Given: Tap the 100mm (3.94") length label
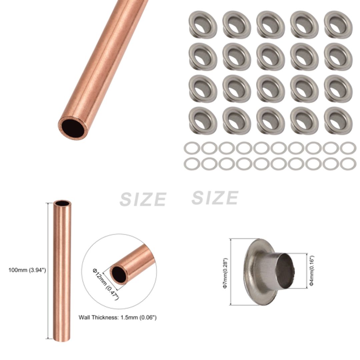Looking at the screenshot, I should pos(27,270).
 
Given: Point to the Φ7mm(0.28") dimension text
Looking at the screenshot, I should pos(225,273).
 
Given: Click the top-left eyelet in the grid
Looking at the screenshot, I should pos(203,24).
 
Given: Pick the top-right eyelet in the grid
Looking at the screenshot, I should pos(338,24).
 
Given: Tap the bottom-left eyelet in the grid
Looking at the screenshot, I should pos(203,120).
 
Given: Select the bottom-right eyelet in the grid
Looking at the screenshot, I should pos(338,120).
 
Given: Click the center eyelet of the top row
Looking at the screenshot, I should pos(270,24).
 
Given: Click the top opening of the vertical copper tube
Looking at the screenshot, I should pos(62,203).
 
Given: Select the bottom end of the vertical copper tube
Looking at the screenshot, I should pos(62,338).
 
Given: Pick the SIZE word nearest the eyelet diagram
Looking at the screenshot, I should pos(215,198).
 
